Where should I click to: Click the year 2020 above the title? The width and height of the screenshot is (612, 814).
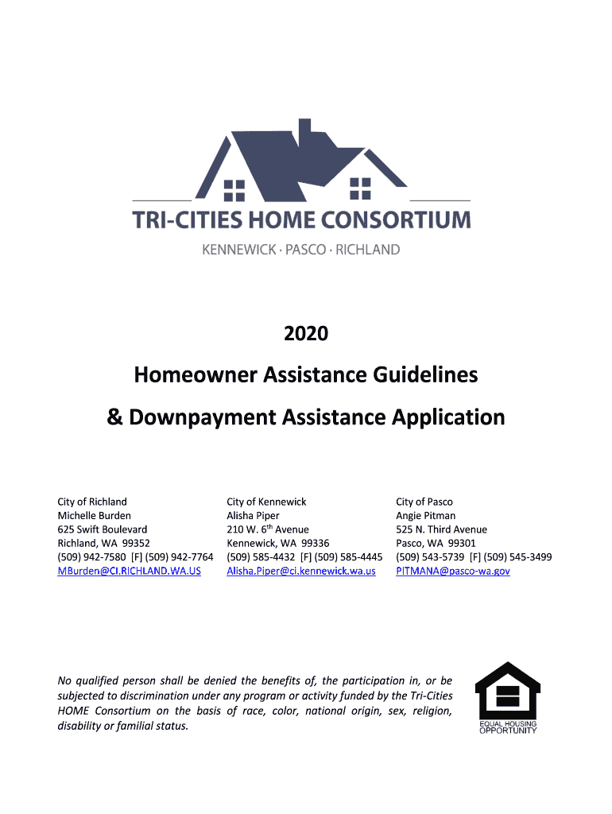(306, 334)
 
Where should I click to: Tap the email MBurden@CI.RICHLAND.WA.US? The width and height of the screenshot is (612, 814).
(129, 571)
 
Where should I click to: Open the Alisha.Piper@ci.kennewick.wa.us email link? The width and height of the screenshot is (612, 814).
(300, 571)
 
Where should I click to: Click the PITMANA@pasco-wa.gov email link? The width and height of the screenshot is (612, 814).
(453, 571)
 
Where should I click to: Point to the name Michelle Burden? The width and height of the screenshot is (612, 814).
(94, 515)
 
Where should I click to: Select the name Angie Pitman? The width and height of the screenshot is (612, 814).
(425, 515)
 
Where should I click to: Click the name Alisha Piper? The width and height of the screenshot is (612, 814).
(253, 515)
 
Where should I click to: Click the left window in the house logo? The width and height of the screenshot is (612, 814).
(234, 189)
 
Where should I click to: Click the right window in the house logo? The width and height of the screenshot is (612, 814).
(360, 189)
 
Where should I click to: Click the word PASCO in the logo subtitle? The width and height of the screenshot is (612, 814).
(305, 250)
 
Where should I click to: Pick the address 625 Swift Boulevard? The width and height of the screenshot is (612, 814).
(102, 529)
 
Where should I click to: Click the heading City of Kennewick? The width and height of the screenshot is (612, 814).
(266, 502)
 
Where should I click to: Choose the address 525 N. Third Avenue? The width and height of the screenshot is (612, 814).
(441, 529)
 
